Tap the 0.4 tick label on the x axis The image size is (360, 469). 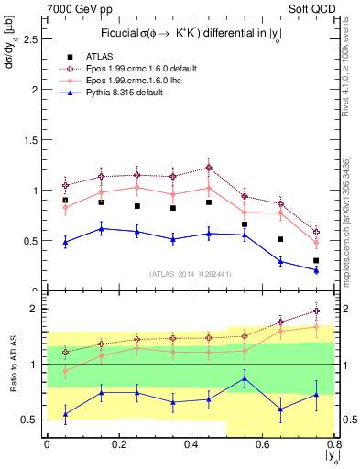pos(191,444)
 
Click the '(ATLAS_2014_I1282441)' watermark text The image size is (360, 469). pos(191,274)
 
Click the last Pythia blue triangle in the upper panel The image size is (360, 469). pos(316,270)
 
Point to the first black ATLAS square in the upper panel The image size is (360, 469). pos(65,200)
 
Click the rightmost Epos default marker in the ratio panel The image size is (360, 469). pos(316,311)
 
